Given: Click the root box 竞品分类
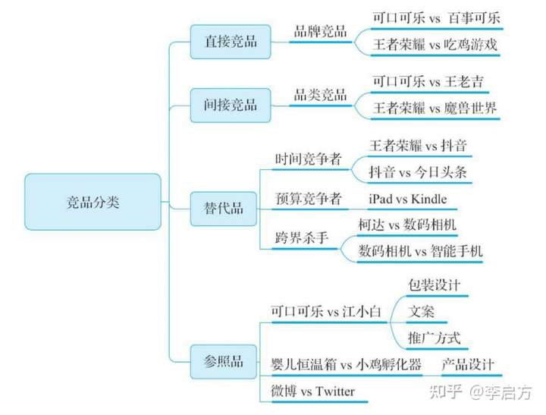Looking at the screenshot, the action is [93, 202].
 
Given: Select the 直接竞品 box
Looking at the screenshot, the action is [231, 42].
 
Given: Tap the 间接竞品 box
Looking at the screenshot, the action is [231, 105].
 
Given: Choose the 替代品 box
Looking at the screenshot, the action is [224, 209].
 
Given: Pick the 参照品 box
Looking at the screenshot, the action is [224, 362].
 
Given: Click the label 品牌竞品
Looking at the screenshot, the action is [320, 31].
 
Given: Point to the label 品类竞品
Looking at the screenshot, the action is [320, 95].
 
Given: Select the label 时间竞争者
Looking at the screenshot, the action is [309, 159].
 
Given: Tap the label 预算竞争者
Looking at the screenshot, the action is [309, 199].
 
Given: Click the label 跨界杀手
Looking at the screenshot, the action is [302, 238].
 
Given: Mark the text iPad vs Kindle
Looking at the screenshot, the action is [408, 199].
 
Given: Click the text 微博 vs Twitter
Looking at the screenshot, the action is [313, 391].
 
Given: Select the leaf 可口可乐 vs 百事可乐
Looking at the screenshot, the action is [437, 18].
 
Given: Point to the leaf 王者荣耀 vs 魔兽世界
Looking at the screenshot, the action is [435, 108].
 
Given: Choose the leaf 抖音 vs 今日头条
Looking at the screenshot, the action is [418, 172].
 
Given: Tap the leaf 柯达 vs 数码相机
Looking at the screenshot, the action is [407, 225].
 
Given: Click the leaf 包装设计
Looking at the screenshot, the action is [435, 285].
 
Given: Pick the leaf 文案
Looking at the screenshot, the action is [421, 312].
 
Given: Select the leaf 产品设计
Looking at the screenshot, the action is [468, 364].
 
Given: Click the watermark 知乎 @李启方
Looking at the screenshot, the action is [481, 392].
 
